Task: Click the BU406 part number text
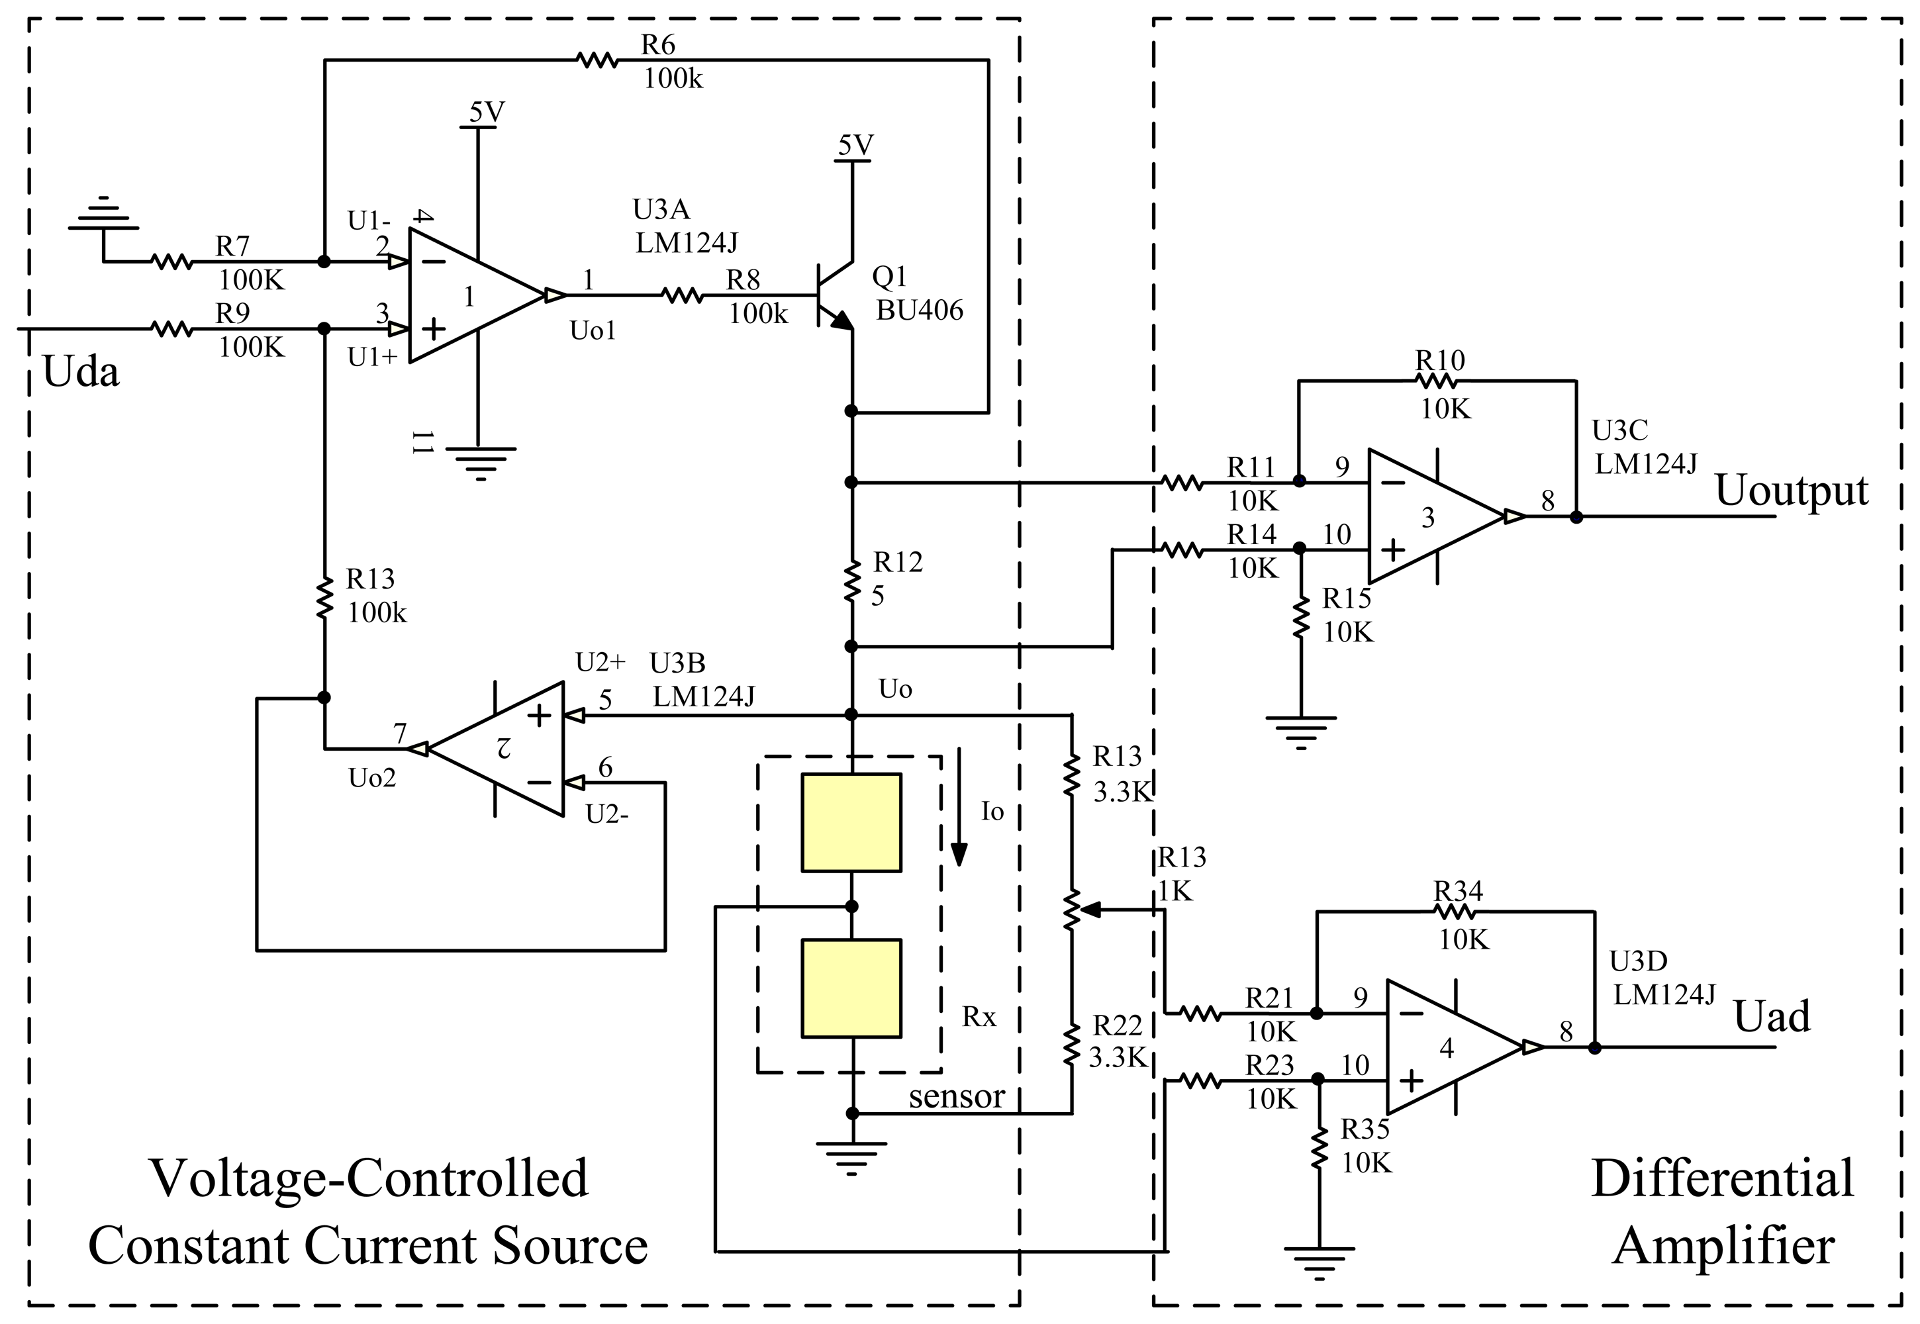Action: (x=920, y=310)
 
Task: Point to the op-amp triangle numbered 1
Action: (x=473, y=296)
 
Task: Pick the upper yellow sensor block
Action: (x=851, y=823)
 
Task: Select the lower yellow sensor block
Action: (x=851, y=988)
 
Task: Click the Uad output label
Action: (x=1772, y=1016)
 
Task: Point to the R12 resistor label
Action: (x=898, y=563)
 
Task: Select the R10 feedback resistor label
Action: (x=1439, y=361)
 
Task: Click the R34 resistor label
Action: (x=1458, y=892)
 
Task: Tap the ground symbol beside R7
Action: (x=103, y=215)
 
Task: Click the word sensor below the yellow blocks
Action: (x=956, y=1097)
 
